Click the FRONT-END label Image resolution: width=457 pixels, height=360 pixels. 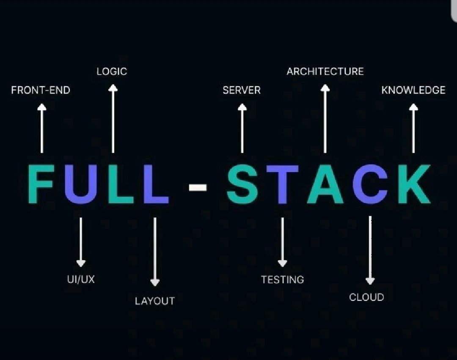coord(41,90)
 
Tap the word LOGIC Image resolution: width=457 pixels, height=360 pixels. coord(112,71)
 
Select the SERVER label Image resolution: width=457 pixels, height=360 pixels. coord(242,90)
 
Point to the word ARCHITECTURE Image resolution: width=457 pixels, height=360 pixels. coord(325,71)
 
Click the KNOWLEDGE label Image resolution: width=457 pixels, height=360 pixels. coord(413,90)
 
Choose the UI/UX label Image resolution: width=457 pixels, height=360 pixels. coord(80,279)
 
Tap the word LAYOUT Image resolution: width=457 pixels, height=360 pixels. coord(154,301)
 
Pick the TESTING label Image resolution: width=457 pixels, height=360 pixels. coord(282,280)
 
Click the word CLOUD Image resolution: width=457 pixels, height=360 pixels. coord(366,297)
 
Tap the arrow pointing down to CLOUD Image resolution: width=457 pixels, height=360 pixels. coord(370,250)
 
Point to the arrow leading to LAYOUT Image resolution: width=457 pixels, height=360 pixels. coord(155,252)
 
